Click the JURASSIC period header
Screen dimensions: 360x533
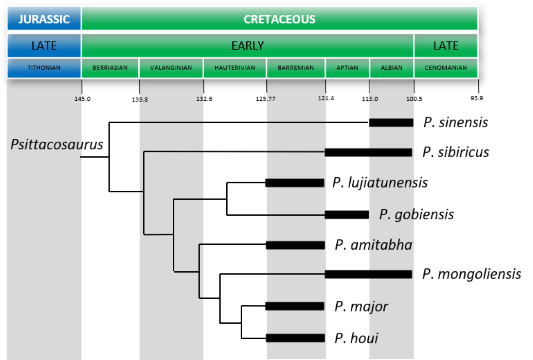[44, 19]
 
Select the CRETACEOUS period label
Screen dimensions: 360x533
[279, 19]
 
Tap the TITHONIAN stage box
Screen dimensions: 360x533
[44, 68]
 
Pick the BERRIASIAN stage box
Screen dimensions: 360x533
[110, 68]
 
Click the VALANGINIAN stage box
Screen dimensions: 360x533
[171, 68]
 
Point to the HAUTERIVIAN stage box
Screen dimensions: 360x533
[235, 68]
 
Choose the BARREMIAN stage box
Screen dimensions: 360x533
[295, 68]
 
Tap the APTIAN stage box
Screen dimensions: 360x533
[347, 68]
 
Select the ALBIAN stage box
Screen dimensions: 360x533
[391, 68]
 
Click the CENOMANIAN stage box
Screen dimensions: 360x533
[445, 68]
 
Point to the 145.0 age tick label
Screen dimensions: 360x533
[82, 99]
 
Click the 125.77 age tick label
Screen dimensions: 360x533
[266, 99]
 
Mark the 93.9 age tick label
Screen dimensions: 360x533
[476, 98]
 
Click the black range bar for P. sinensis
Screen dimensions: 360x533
[391, 122]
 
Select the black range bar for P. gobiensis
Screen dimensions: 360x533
[347, 215]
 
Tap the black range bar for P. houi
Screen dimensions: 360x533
[295, 338]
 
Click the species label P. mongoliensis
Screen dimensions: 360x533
[471, 274]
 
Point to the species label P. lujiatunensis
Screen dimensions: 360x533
[380, 183]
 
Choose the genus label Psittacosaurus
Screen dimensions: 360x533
[57, 144]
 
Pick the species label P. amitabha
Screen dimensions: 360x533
[373, 245]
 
